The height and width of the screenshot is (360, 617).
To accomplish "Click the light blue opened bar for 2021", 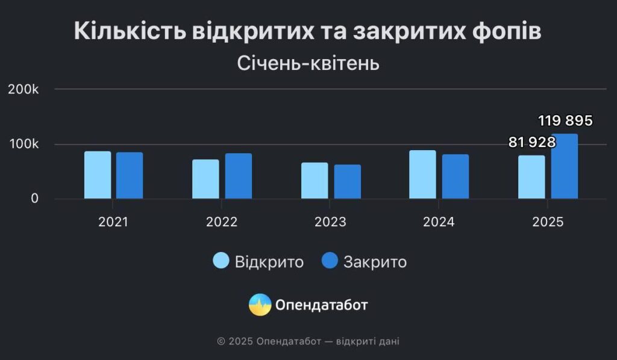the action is coord(98,175).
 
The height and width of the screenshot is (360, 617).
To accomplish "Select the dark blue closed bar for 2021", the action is coord(130,175).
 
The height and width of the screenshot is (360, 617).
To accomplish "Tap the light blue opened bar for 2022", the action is coord(205,179).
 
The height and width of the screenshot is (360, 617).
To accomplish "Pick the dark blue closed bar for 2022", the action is coord(239,176).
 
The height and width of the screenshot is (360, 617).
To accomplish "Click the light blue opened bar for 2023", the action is coord(315,180).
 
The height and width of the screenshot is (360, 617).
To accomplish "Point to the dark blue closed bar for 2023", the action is coord(348,182).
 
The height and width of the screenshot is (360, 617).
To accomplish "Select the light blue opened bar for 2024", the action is coord(422,174).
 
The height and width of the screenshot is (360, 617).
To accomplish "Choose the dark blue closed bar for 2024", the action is coord(456,177).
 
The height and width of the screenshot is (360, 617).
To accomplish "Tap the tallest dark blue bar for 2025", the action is coord(564,166).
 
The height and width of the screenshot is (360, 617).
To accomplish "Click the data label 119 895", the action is coord(565,121).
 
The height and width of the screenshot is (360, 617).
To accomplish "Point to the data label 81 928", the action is coord(532,142).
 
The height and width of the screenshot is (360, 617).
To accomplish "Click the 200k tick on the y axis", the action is coord(23,89).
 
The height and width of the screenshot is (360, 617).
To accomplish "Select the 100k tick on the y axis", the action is coord(24,144).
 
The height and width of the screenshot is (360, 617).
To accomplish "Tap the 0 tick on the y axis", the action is coord(34,198).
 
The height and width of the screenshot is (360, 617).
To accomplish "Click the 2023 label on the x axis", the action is coord(330,222).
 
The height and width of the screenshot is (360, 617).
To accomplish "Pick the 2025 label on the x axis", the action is coord(548,222).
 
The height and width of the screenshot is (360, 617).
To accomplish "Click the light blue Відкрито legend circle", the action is coord(221,261).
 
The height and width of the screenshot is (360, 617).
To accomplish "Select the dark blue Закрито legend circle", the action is coord(330,261).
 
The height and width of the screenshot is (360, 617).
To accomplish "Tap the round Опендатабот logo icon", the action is coord(260,305).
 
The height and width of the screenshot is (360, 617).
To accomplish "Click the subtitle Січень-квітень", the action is coord(308,63).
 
